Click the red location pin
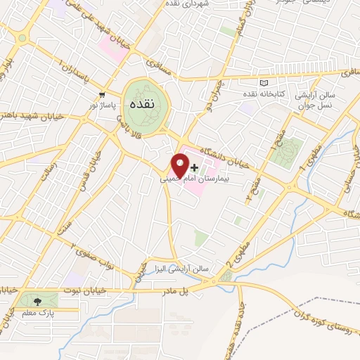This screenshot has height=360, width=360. (x=180, y=165)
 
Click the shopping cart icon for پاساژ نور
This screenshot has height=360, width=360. (x=103, y=94)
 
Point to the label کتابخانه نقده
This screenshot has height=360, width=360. (x=264, y=94)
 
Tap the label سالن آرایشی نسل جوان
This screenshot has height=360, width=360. (x=335, y=98)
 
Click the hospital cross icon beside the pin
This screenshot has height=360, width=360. (x=195, y=166)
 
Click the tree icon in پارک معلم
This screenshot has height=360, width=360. (x=37, y=301)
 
